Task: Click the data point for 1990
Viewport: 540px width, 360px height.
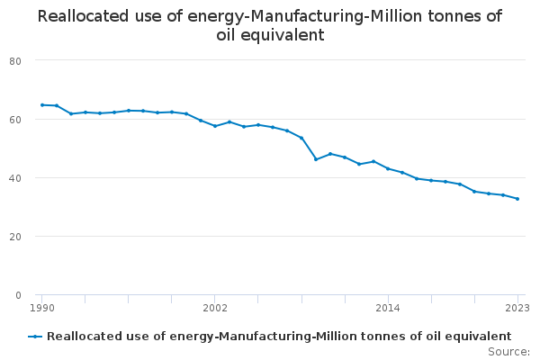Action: [x=42, y=105]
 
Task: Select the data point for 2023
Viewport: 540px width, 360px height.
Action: [x=517, y=199]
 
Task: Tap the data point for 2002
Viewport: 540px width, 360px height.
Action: [x=215, y=126]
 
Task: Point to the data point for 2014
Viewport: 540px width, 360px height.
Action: [x=388, y=168]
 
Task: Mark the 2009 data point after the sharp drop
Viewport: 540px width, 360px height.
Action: [x=316, y=159]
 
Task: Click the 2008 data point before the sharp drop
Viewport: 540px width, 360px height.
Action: [x=301, y=138]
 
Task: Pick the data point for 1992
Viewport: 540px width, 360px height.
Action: [x=71, y=113]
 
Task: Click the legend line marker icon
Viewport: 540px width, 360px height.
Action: [x=35, y=337]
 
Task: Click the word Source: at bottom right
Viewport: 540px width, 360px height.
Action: [x=508, y=351]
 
